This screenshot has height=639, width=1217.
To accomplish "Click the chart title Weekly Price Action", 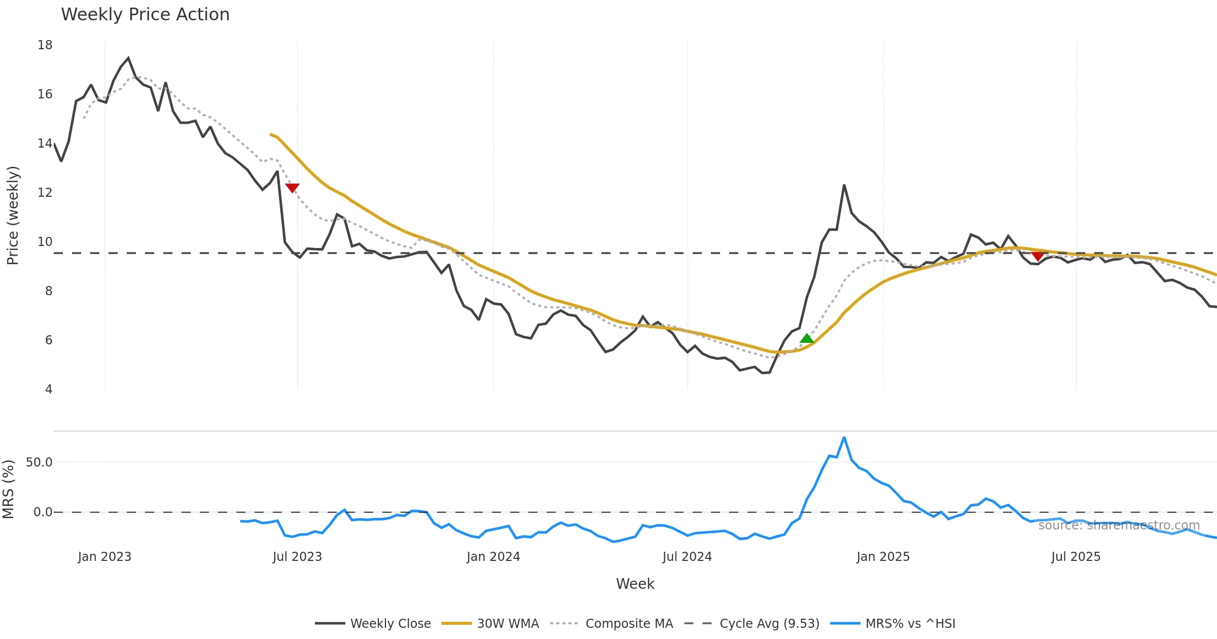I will tap(145, 15).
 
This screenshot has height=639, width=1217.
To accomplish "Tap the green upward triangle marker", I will tap(806, 338).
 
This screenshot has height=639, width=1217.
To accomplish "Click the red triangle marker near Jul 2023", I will tap(293, 188).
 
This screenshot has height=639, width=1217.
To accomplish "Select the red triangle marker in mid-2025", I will tap(1038, 256).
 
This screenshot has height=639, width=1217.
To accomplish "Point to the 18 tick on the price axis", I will tap(45, 45).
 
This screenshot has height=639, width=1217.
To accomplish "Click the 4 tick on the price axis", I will tap(49, 389).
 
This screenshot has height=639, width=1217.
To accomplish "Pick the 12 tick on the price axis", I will tap(45, 193).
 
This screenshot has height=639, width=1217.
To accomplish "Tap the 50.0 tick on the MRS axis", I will tap(39, 463).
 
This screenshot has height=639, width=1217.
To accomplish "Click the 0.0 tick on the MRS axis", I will tap(43, 512).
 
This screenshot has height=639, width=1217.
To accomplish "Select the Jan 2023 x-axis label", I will tap(104, 557).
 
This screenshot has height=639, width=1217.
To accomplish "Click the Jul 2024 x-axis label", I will tap(687, 557).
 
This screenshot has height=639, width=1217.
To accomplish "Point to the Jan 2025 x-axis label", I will tap(883, 557).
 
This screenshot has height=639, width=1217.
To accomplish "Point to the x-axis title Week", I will tap(635, 584).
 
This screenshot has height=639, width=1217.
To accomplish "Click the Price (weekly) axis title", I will tap(13, 216).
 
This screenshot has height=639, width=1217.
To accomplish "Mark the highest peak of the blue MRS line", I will tap(844, 438).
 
